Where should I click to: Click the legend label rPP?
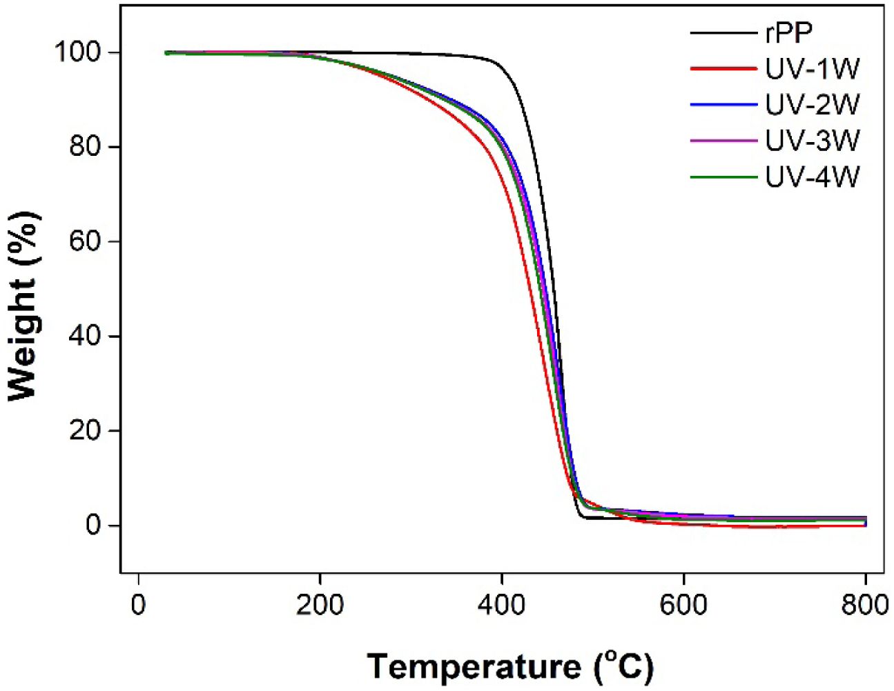[788, 32]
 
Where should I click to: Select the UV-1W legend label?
[812, 69]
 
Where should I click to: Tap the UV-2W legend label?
[812, 105]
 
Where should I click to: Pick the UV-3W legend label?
[812, 141]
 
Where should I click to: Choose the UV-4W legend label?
[812, 178]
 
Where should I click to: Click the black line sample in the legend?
[723, 32]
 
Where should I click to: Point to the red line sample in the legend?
[723, 69]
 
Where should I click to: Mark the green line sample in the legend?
[723, 178]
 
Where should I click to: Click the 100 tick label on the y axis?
[78, 52]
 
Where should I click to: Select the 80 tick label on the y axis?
[86, 147]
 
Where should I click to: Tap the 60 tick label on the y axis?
[86, 241]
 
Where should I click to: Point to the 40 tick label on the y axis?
[86, 336]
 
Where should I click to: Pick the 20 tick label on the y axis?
[86, 430]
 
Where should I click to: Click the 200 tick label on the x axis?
[320, 605]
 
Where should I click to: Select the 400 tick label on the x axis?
[502, 605]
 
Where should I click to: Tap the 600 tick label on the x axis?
[683, 605]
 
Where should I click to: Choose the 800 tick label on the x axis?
[864, 605]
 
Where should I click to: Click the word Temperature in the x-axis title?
[474, 667]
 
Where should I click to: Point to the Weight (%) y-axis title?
[23, 306]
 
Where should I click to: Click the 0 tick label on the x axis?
[139, 605]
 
